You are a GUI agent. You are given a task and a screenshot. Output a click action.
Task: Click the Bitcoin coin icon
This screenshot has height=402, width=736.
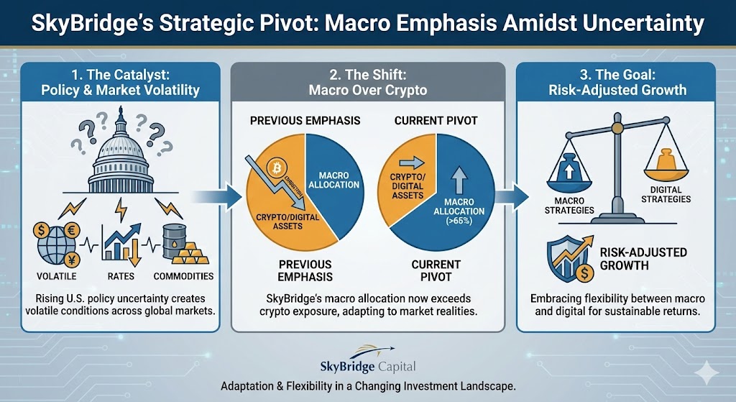277,168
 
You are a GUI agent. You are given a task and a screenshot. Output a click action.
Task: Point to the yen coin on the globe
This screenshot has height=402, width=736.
72,259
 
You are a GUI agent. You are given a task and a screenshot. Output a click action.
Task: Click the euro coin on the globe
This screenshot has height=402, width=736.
72,231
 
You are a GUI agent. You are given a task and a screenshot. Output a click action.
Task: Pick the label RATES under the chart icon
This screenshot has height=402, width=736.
121,276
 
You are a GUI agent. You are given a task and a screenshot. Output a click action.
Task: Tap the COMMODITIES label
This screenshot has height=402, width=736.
183,276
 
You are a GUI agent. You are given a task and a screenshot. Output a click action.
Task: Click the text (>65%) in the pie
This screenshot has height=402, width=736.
459,221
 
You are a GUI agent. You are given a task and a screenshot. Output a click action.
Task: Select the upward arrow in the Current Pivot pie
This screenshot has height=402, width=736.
459,181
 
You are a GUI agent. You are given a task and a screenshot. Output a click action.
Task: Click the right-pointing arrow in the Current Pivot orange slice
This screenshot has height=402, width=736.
412,163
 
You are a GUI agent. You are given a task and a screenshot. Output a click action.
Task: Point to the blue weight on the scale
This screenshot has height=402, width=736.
569,168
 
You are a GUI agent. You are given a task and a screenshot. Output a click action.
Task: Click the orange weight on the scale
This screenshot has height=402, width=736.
666,160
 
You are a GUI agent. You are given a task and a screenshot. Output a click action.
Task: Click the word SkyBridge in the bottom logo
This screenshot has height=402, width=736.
347,366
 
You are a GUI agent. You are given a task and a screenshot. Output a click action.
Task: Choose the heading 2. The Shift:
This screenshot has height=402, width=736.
368,75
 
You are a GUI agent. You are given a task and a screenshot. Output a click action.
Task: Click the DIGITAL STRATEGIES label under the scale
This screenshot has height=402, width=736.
666,194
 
